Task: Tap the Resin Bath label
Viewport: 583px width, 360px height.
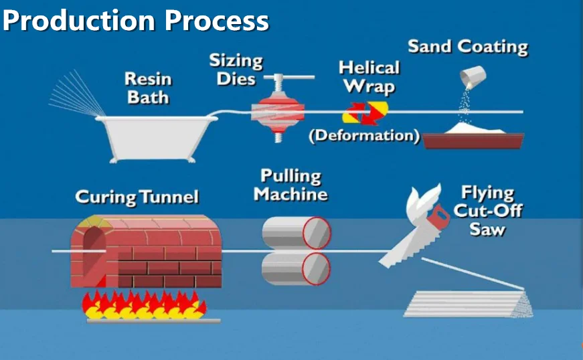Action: click(148, 88)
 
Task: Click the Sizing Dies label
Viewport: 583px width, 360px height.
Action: click(236, 69)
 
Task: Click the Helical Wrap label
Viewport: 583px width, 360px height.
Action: click(369, 77)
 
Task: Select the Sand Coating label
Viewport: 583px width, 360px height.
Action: click(468, 47)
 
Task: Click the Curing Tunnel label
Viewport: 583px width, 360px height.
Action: click(137, 197)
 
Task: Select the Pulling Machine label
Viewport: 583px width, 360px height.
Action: click(291, 185)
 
